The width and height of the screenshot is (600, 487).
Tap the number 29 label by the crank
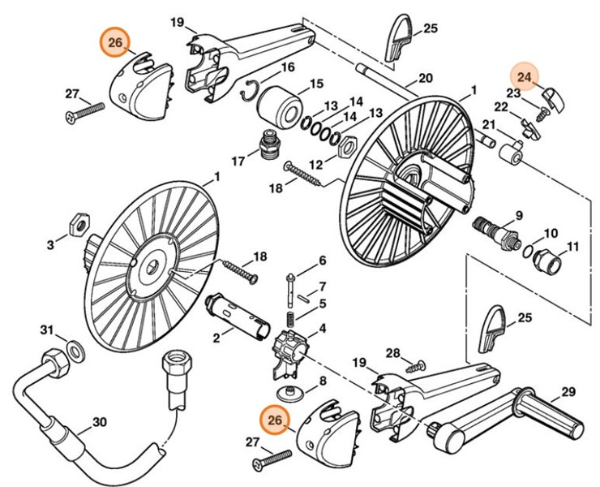click(568, 392)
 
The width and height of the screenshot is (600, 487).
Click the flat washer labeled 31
click(75, 350)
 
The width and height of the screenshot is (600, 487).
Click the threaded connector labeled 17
click(269, 145)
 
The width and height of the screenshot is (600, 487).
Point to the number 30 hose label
click(99, 422)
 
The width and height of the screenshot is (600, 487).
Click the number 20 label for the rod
click(425, 79)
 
